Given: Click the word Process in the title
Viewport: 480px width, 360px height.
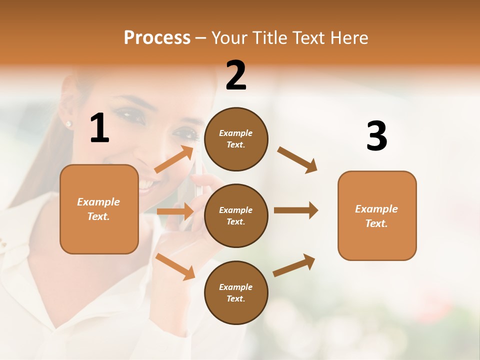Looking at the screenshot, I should pos(157,38).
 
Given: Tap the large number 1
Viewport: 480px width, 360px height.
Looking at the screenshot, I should pos(99,129).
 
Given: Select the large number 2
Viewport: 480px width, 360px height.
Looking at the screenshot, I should pos(236,75).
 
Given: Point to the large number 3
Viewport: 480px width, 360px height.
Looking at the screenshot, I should pos(376,136).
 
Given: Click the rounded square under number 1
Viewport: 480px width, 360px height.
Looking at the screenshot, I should pos(99,209).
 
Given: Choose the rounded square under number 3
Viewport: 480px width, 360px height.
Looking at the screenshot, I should pos(377,215).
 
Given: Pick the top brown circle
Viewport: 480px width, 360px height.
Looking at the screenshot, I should pos(236,139).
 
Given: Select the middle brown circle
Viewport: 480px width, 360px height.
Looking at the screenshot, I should pos(236,215).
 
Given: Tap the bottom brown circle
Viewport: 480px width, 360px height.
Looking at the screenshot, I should pos(236,292).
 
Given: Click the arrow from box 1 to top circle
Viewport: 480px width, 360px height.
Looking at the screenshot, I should pos(174,159).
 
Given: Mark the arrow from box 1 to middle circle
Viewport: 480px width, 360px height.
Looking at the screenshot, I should pos(175,211).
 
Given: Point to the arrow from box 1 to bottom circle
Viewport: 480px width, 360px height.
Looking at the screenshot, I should pos(175,266).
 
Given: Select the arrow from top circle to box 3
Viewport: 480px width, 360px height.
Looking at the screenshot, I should pos(297,160).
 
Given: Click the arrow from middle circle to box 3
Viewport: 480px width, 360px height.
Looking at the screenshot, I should pos(296,210).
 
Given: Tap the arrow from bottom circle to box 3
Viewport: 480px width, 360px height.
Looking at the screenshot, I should pos(294,265).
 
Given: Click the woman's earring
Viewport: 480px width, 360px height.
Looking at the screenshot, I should pos(68,123).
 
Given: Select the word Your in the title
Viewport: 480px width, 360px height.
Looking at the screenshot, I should pos(230,38).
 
